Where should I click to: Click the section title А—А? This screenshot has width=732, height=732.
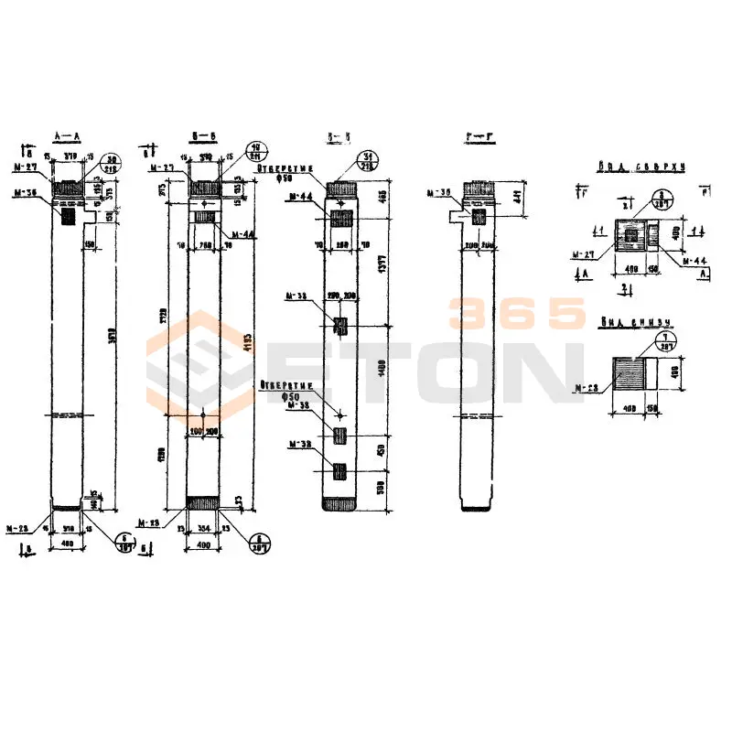(x=68, y=136)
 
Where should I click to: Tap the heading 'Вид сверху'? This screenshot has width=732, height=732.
(x=629, y=168)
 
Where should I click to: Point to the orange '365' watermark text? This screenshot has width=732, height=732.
(x=517, y=314)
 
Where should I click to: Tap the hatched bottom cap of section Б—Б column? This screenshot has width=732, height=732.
(x=203, y=502)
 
